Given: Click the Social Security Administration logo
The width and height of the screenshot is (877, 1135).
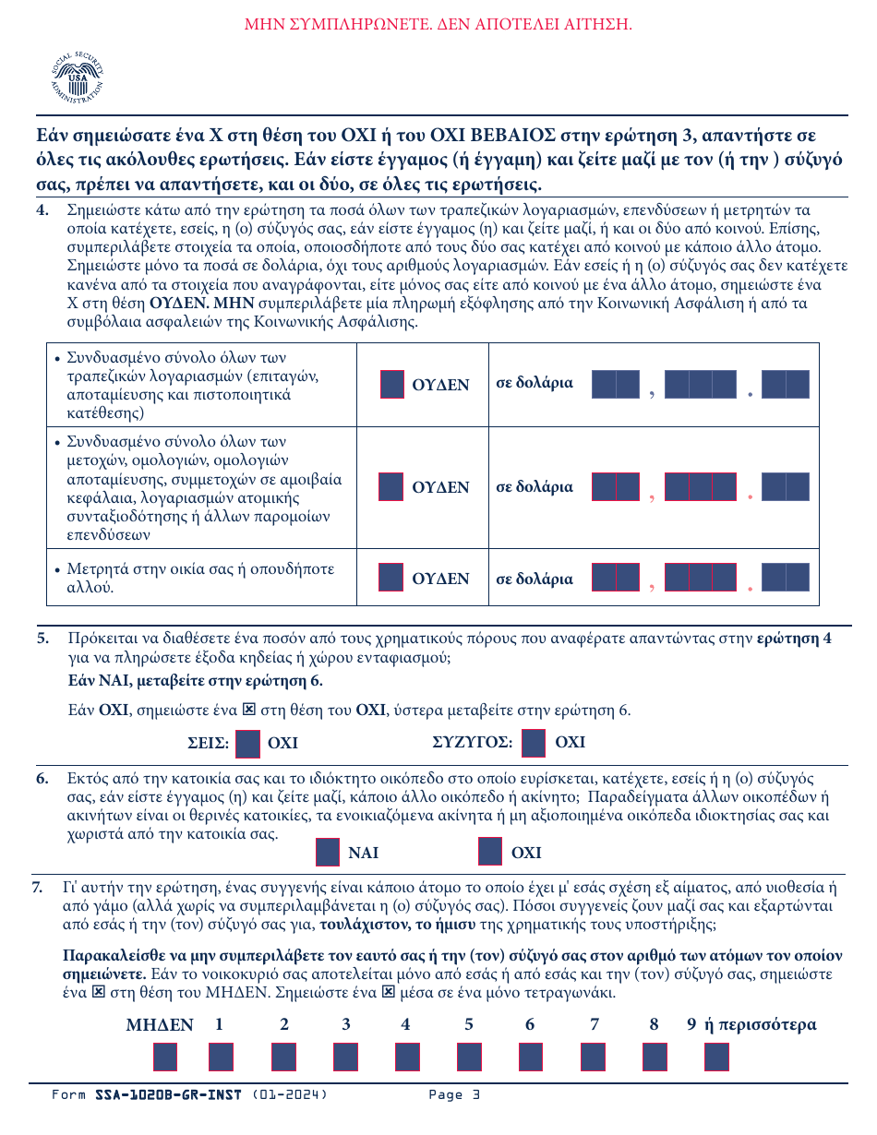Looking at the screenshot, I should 78,76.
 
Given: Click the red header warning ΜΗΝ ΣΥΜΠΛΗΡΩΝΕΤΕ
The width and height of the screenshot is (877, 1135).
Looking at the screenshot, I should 438,24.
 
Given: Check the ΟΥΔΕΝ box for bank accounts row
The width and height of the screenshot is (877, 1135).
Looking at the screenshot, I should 391,385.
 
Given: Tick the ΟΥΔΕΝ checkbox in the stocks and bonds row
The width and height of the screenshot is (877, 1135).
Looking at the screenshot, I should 391,486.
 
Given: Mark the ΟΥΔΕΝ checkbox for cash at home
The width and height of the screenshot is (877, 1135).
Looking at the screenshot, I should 391,579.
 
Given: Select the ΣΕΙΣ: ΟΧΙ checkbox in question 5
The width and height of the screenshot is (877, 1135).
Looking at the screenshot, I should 247,743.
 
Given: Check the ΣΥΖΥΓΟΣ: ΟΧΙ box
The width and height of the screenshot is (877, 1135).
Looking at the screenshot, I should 534,743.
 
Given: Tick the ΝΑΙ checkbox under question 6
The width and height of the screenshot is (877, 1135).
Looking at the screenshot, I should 328,853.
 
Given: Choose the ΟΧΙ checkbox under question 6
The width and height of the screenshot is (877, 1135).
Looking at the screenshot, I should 490,853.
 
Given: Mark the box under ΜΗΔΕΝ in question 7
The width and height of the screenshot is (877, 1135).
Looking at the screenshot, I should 165,1057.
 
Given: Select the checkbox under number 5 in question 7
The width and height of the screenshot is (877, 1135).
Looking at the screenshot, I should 469,1057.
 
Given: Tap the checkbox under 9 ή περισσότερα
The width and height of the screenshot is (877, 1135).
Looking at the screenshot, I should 716,1057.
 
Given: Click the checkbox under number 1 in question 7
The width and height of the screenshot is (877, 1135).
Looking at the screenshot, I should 222,1057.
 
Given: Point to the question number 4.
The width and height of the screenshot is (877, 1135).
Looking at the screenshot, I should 42,209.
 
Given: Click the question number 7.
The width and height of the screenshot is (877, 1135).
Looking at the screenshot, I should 38,888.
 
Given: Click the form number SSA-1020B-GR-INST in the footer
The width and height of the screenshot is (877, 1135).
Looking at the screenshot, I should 168,1095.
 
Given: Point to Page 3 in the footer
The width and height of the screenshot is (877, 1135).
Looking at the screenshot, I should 454,1095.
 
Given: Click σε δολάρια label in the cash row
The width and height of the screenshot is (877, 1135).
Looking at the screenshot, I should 535,579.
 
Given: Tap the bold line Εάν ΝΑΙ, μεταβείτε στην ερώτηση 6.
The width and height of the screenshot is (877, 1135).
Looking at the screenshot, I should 195,682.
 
